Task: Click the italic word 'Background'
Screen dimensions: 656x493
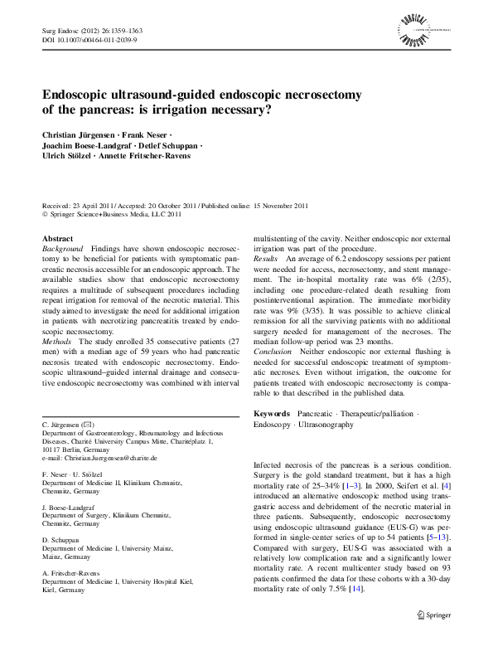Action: coord(62,249)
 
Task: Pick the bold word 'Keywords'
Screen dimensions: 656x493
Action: coord(272,412)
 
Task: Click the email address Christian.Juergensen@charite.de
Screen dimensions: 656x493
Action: coord(99,457)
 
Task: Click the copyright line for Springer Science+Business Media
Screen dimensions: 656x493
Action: coord(109,214)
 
